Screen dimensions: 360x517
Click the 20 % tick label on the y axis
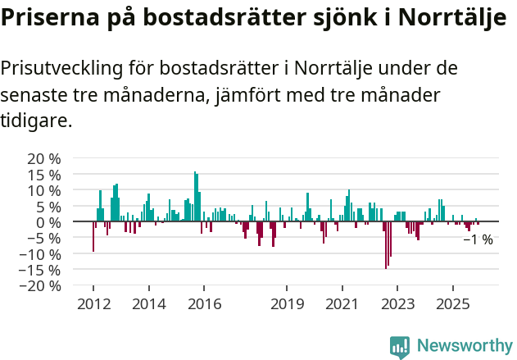tap(43, 158)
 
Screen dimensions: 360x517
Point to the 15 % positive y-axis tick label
tap(43, 174)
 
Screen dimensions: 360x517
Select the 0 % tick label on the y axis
tap(48, 222)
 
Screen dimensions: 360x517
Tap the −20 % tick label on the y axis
tap(40, 286)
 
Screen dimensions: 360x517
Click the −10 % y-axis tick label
tap(40, 254)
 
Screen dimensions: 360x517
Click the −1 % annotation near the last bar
tap(478, 240)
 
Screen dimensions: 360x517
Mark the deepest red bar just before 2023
tap(386, 245)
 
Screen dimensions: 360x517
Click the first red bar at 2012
tap(93, 237)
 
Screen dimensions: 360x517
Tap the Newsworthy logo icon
tap(400, 347)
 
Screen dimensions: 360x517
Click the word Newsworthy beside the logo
tap(464, 347)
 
